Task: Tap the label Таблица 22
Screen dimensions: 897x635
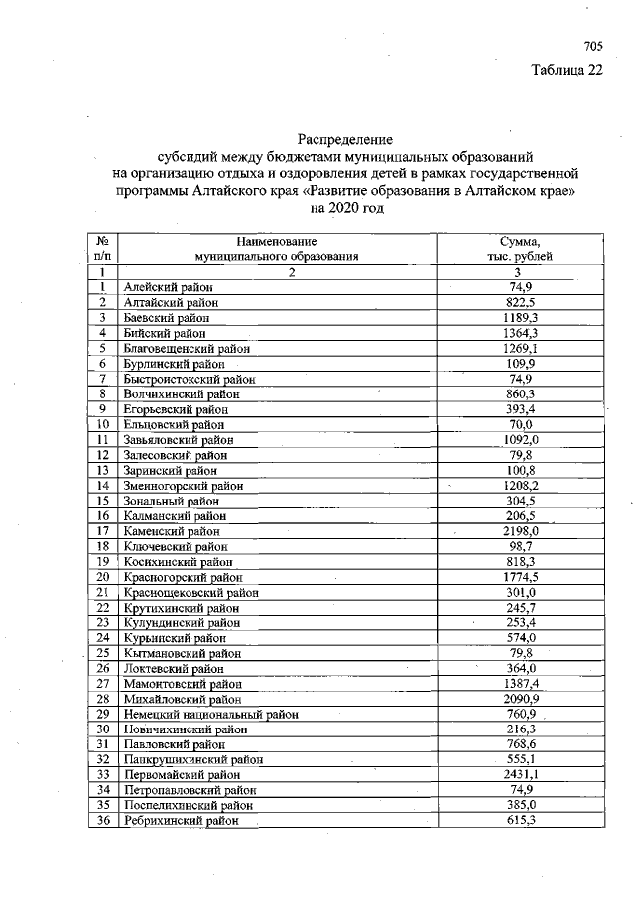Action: click(x=567, y=70)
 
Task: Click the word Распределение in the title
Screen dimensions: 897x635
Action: click(x=345, y=140)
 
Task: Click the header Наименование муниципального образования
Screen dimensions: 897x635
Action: click(x=277, y=248)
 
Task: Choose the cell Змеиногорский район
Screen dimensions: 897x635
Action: click(x=183, y=486)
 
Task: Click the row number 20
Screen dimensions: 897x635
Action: click(x=102, y=576)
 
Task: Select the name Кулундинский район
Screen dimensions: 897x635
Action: click(x=181, y=622)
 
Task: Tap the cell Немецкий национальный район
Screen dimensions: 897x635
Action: click(x=210, y=714)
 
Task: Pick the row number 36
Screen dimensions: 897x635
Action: click(x=102, y=820)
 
